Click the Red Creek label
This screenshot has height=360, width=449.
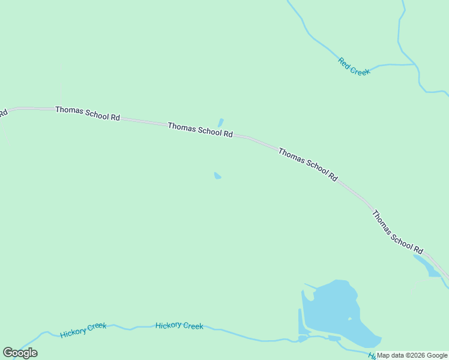(x=354, y=66)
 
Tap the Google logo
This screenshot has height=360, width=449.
(x=20, y=353)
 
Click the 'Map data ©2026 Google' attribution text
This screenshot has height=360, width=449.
(x=412, y=355)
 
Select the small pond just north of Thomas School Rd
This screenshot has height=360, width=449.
(x=220, y=122)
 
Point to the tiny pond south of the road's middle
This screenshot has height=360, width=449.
(x=217, y=176)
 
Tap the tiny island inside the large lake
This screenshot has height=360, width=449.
(x=350, y=319)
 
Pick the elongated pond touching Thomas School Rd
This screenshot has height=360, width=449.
(x=427, y=265)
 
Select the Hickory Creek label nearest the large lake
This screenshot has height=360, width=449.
(x=179, y=326)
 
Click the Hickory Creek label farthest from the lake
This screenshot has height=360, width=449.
(x=83, y=329)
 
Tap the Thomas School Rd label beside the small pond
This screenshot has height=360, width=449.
(x=200, y=130)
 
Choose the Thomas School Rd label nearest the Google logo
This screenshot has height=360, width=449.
(x=88, y=113)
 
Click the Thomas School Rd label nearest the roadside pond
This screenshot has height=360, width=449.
(x=397, y=232)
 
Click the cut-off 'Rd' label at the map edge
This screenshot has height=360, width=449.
(x=3, y=113)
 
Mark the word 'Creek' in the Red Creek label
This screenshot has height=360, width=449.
(x=361, y=70)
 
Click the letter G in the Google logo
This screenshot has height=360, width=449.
(x=8, y=353)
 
